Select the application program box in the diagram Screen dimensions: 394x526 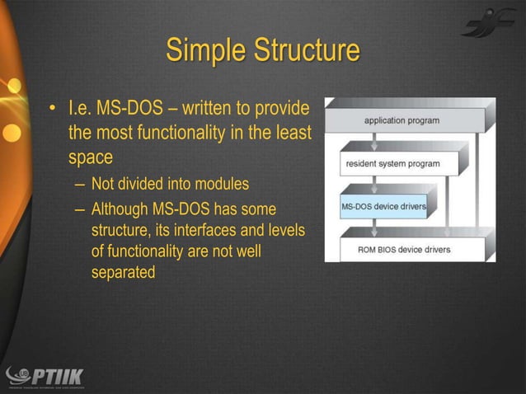click(x=402, y=120)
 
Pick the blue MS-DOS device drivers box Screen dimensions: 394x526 click(x=383, y=206)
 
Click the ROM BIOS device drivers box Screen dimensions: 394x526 click(x=404, y=249)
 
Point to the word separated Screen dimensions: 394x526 click(x=123, y=272)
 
